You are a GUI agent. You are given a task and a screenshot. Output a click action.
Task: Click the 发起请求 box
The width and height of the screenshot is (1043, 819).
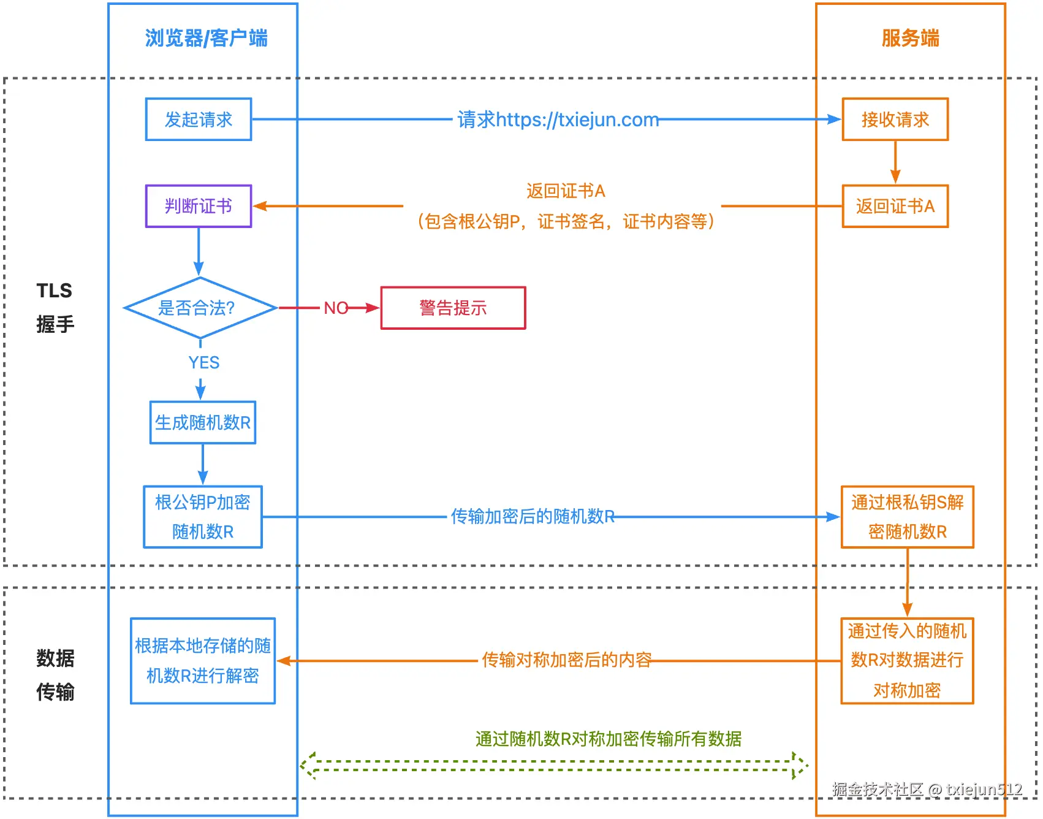pos(198,120)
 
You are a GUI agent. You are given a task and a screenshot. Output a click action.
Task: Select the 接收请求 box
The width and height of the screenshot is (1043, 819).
pos(895,120)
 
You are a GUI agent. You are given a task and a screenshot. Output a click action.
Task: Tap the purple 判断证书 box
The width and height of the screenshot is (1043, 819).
pos(198,207)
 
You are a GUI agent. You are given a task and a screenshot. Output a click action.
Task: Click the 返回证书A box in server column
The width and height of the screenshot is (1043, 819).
pos(895,207)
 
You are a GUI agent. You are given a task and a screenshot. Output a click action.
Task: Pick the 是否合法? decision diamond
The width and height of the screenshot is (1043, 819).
pos(200,308)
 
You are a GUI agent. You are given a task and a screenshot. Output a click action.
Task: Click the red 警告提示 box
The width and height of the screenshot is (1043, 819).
pos(453,308)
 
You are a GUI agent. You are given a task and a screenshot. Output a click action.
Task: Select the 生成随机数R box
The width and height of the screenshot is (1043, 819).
pos(203,422)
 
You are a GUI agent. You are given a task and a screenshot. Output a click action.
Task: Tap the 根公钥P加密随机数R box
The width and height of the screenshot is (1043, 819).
pos(203,517)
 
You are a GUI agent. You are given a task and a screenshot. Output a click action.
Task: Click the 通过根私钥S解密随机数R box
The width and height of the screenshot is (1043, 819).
pos(907,517)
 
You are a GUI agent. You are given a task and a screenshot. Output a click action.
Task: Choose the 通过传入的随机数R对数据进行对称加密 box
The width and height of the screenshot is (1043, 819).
pos(907,661)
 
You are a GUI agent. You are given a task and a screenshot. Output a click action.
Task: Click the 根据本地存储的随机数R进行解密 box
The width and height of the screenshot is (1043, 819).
pos(203,661)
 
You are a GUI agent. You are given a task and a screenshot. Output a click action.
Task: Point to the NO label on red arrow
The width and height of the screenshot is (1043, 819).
pos(336,308)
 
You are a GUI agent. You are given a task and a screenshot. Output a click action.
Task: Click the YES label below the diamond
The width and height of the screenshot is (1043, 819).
pos(203,363)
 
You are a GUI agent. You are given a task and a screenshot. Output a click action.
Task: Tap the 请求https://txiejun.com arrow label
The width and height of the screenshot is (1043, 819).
pos(558,120)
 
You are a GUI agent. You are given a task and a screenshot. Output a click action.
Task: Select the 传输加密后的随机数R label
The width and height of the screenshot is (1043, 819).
pos(533,517)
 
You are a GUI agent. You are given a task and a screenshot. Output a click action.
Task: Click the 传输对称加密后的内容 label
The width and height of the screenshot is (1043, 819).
pos(566,660)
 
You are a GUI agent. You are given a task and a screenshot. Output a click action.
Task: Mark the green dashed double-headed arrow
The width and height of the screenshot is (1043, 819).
pos(554,766)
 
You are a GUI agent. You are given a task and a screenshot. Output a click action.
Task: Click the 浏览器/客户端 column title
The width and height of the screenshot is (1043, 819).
pos(206,38)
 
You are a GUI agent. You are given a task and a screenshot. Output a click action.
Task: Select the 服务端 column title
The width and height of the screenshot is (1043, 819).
pos(910,38)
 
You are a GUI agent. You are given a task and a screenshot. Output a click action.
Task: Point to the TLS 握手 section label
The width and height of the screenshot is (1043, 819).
pos(55,307)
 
